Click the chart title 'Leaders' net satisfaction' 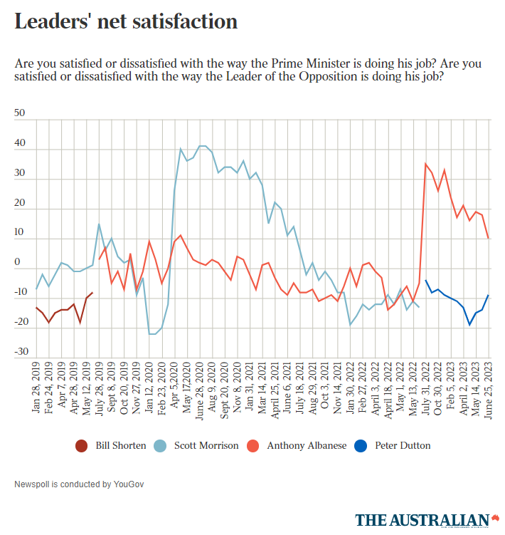(126, 21)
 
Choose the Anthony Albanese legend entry (307, 445)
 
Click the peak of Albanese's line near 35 (426, 165)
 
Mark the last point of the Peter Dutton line (489, 295)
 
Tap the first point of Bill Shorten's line (36, 308)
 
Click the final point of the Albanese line (489, 238)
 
